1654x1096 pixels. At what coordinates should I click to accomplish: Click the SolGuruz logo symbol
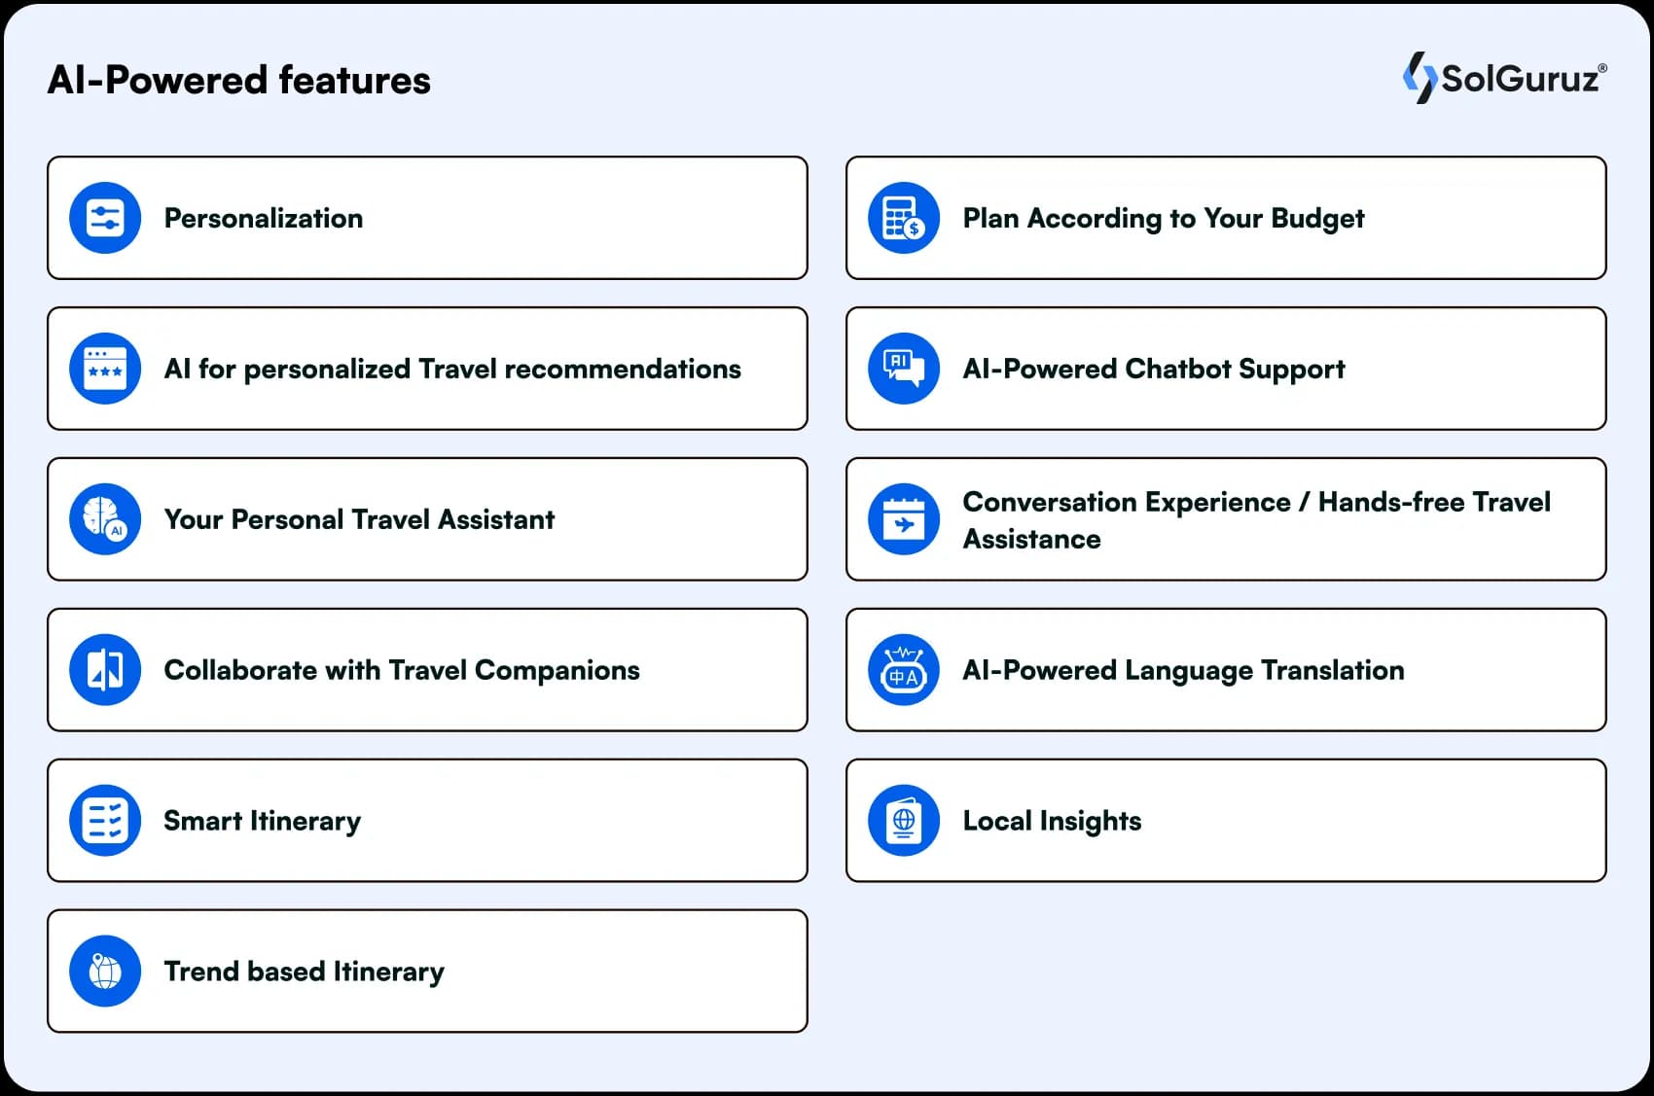[1419, 78]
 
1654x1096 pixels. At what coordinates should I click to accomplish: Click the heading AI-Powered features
[238, 80]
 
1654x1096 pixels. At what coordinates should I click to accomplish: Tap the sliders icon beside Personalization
[105, 218]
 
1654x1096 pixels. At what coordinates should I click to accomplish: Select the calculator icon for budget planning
[904, 218]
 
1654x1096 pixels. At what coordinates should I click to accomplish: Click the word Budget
[1317, 219]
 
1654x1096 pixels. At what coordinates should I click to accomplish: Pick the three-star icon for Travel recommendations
[105, 369]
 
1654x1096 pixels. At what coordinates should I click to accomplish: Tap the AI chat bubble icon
[904, 369]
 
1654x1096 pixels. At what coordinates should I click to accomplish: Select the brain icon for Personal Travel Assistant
[105, 519]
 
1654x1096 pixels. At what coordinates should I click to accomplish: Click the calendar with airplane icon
[904, 519]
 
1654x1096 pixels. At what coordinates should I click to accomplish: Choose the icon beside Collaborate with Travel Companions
[105, 669]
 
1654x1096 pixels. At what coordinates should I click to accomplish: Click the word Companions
[557, 671]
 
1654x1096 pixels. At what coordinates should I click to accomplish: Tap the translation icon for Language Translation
[904, 669]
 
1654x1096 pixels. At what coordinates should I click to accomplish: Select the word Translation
[1332, 670]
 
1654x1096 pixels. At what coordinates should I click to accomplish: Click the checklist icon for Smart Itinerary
[105, 820]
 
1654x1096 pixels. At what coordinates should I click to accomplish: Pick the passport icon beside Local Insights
[904, 820]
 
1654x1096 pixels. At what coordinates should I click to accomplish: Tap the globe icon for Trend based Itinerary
[105, 971]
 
